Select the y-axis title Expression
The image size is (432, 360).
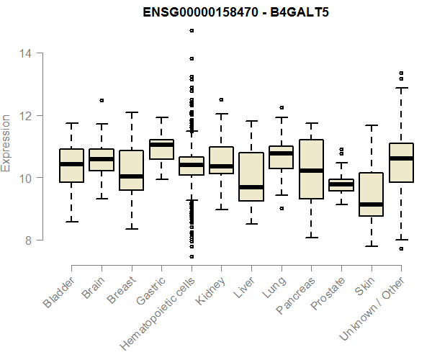click(x=7, y=143)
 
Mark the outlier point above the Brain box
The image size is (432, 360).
click(x=102, y=100)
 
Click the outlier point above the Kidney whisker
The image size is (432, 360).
click(x=221, y=99)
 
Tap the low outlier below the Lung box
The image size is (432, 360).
click(x=282, y=208)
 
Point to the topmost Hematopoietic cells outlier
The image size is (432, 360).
click(x=192, y=30)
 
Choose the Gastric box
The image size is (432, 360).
click(x=161, y=149)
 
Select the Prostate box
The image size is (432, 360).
click(x=341, y=185)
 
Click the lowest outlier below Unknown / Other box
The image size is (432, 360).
click(x=401, y=248)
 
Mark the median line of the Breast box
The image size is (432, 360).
click(x=131, y=176)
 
